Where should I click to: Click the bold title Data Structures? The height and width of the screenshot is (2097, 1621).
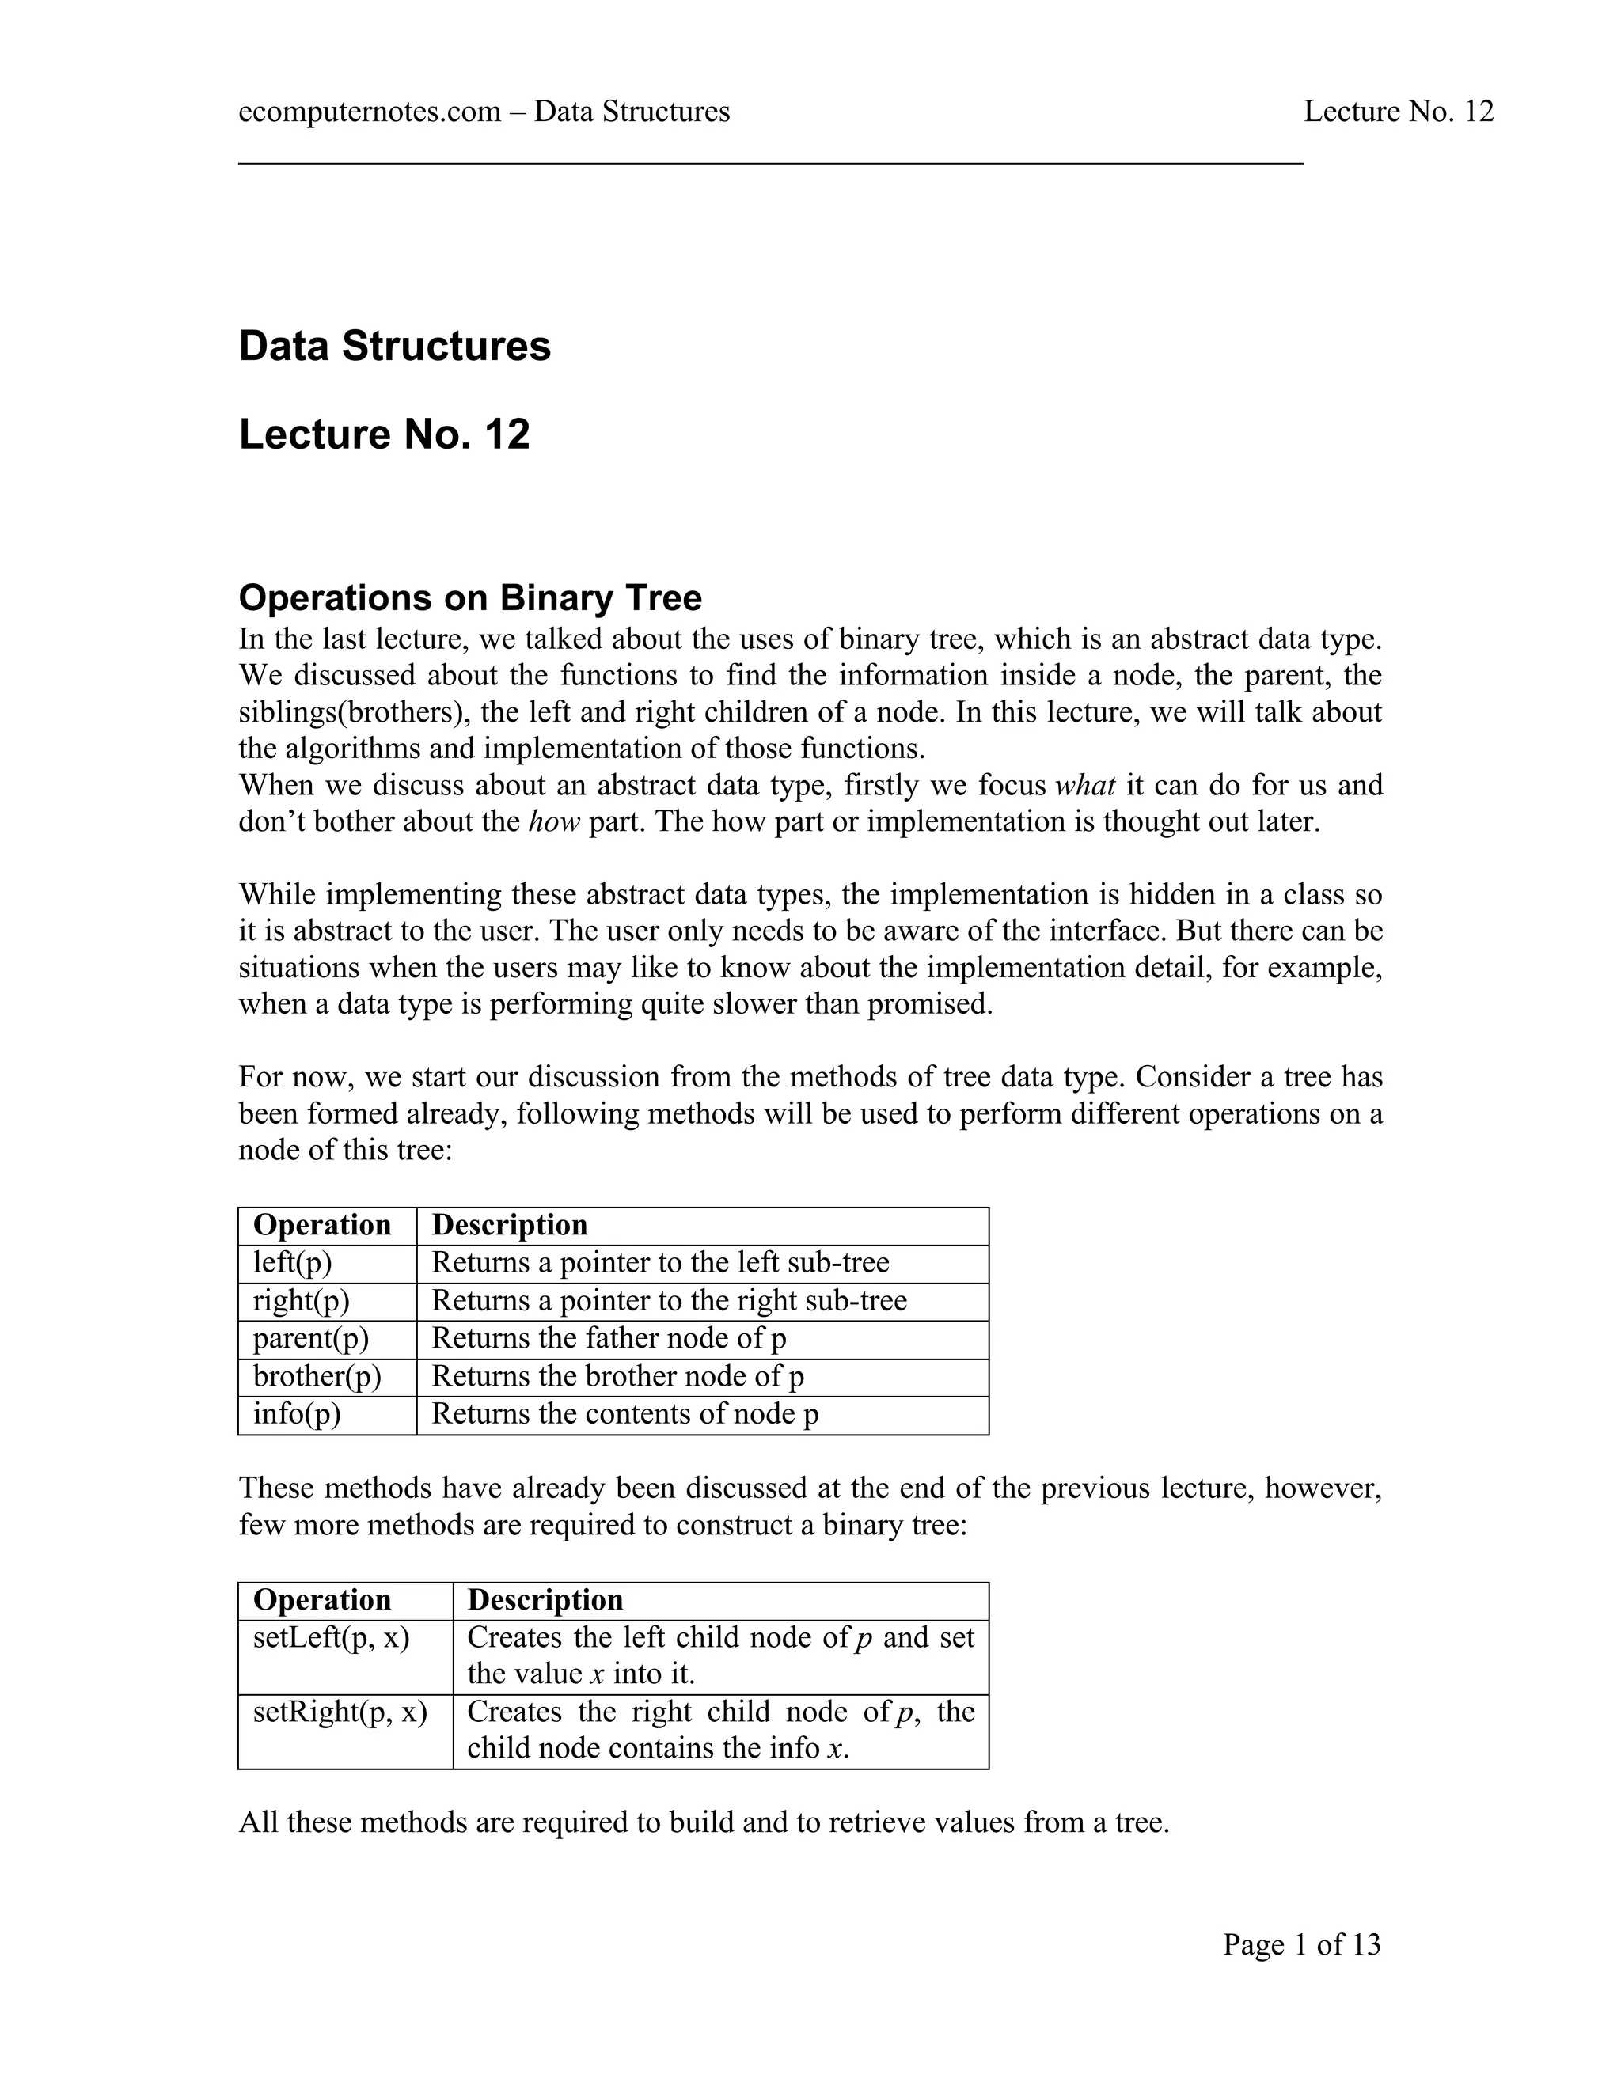(395, 346)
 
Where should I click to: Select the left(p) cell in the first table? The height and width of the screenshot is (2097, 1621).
(292, 1263)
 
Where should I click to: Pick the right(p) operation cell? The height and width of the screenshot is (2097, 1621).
(301, 1301)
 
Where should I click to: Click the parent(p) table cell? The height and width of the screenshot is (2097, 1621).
(310, 1338)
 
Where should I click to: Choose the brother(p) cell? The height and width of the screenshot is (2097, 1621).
(317, 1377)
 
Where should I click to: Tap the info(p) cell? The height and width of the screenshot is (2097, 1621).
(297, 1414)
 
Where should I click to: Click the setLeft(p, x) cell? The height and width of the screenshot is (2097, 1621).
(332, 1637)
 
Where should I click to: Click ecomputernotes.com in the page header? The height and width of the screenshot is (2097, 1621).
(369, 112)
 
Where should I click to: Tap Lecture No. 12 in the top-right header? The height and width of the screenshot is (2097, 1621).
(1399, 112)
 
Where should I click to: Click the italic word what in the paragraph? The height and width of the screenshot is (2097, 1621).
(1085, 786)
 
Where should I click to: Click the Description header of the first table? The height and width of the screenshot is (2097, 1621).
(509, 1225)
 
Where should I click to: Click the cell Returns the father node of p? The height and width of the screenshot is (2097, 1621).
(609, 1338)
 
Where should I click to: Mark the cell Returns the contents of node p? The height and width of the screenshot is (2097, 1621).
(625, 1414)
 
